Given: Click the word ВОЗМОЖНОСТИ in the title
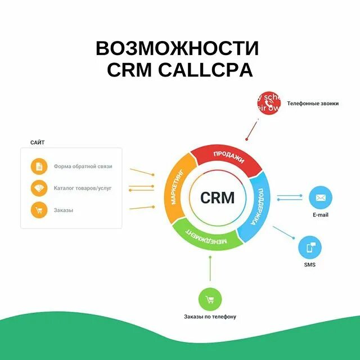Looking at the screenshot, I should pyautogui.click(x=177, y=48).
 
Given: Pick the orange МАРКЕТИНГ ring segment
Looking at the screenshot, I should pyautogui.click(x=178, y=191).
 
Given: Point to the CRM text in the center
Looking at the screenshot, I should pyautogui.click(x=217, y=198).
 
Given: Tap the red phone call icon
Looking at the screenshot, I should pyautogui.click(x=268, y=103).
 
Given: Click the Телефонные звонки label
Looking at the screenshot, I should pyautogui.click(x=313, y=103).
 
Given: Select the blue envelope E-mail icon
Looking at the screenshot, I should pyautogui.click(x=321, y=197).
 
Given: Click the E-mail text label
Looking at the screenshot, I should pyautogui.click(x=321, y=215).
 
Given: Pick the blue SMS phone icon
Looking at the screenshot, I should pyautogui.click(x=310, y=247).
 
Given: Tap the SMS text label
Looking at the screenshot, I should pyautogui.click(x=310, y=265).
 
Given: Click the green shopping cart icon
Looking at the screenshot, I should pyautogui.click(x=210, y=299).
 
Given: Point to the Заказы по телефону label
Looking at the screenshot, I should pyautogui.click(x=210, y=317).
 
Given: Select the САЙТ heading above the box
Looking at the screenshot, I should pyautogui.click(x=38, y=142).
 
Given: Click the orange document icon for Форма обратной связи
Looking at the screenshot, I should pyautogui.click(x=39, y=166).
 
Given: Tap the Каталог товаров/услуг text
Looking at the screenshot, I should pyautogui.click(x=83, y=188).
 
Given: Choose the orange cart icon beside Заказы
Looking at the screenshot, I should pyautogui.click(x=39, y=210).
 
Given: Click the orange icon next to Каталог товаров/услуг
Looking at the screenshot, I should pyautogui.click(x=39, y=188).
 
